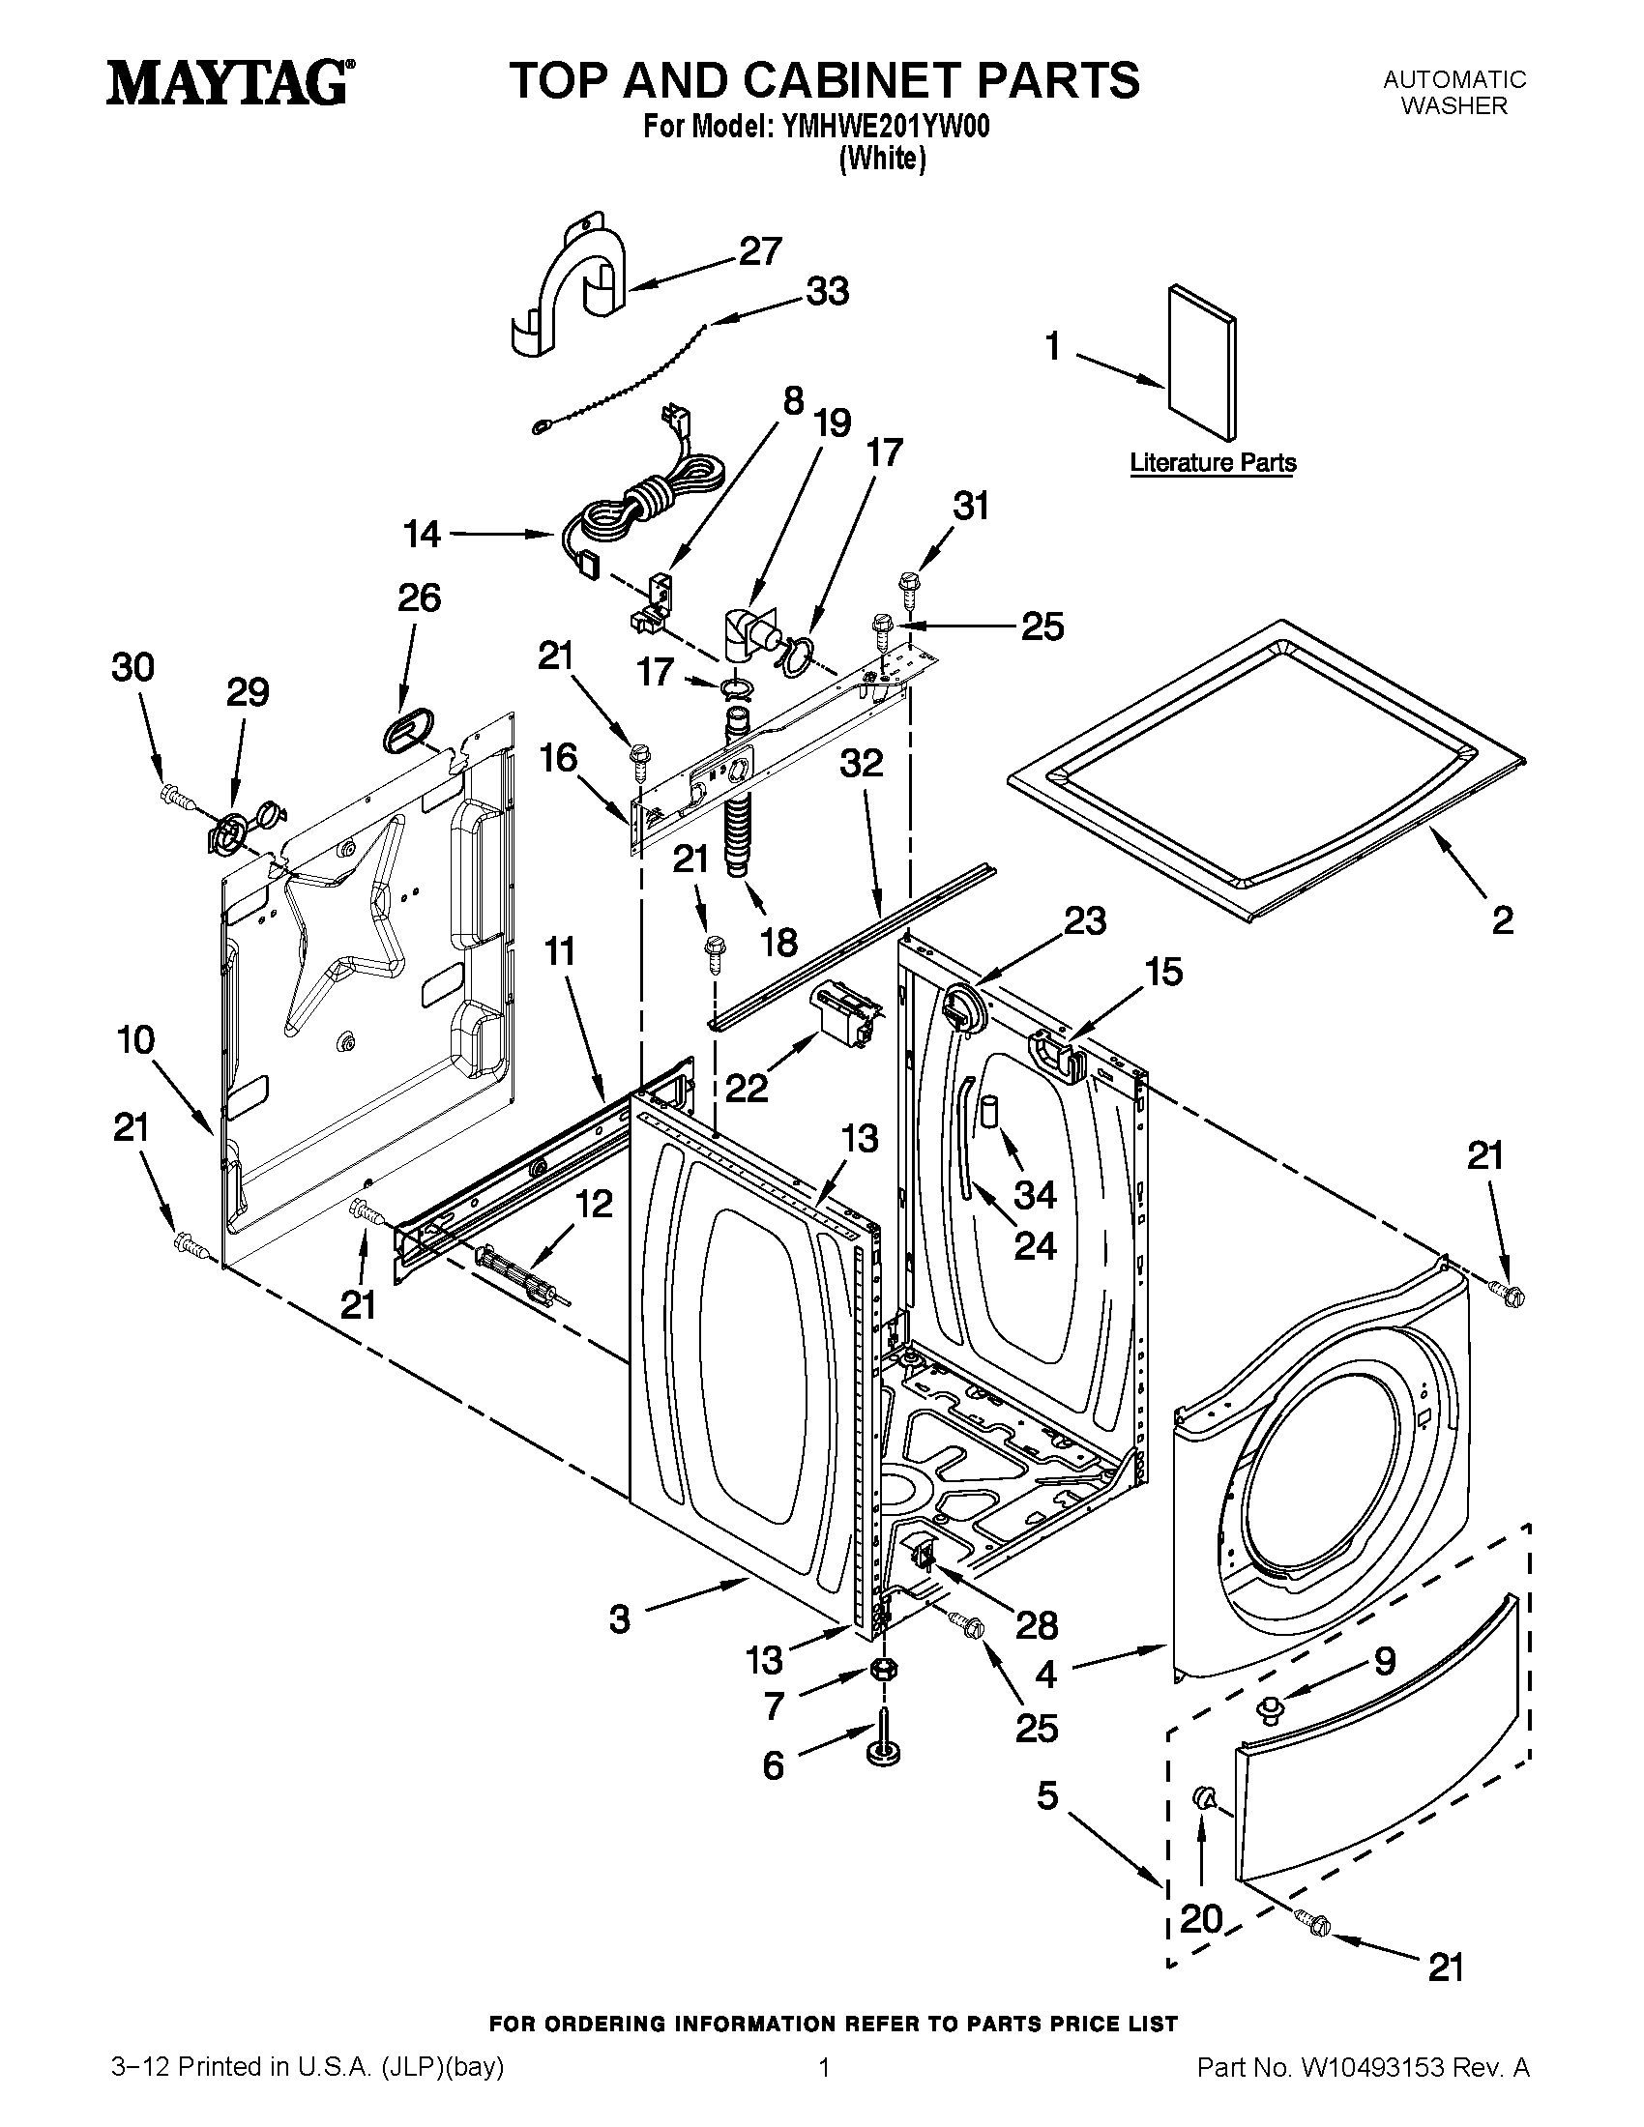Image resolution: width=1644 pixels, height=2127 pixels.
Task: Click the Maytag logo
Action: click(x=230, y=82)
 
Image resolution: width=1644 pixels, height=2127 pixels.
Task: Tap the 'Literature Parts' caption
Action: click(x=1213, y=462)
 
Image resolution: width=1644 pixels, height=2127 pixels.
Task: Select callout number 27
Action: click(x=759, y=251)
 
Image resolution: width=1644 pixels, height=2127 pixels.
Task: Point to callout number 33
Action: click(x=827, y=291)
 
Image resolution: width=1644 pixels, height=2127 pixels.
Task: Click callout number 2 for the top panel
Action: click(x=1503, y=919)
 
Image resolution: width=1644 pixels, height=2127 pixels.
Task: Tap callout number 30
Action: click(x=132, y=668)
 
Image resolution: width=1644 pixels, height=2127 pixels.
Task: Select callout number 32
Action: click(x=861, y=764)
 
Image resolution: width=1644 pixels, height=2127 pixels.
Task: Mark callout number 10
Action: click(x=136, y=1040)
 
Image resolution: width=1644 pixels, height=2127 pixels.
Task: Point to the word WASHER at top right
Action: click(x=1453, y=106)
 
